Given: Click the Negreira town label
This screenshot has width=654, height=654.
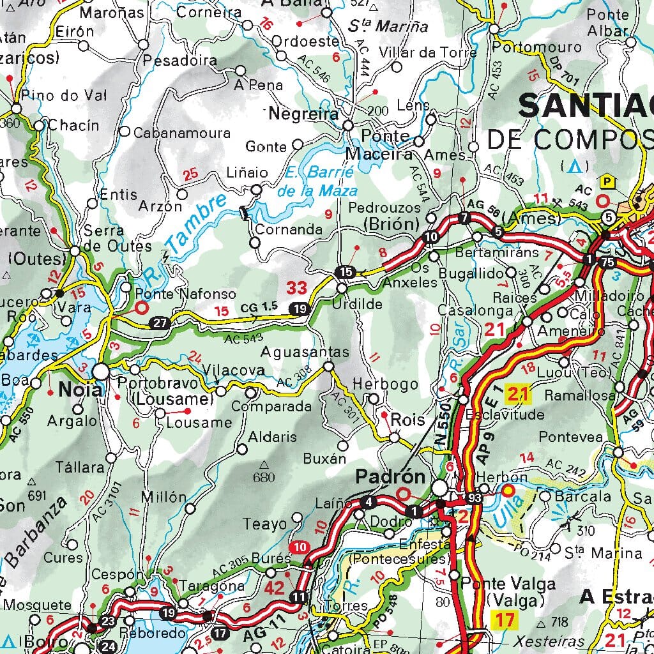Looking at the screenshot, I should pos(303,114).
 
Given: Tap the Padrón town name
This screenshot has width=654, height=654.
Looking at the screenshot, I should pos(390,476).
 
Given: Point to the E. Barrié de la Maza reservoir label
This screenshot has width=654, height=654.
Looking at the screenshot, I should pos(317,181).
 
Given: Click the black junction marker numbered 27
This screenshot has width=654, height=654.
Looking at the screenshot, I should pos(160,323).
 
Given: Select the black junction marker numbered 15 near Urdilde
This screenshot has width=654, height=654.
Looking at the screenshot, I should pos(346,271).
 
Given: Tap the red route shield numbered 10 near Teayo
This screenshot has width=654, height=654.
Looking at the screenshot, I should pos(300,547).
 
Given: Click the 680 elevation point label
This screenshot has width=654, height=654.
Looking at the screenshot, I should pos(264,477).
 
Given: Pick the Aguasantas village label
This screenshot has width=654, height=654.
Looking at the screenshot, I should pos(305,353).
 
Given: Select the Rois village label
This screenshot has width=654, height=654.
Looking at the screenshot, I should pos(407,420).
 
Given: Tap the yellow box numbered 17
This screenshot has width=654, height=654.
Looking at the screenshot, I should pos(505,619).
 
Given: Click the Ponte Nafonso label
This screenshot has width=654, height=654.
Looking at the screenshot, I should pos(185,294).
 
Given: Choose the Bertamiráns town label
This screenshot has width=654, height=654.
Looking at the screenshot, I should pos(498,252).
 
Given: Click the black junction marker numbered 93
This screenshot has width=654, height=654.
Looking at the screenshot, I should pos(473,498).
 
